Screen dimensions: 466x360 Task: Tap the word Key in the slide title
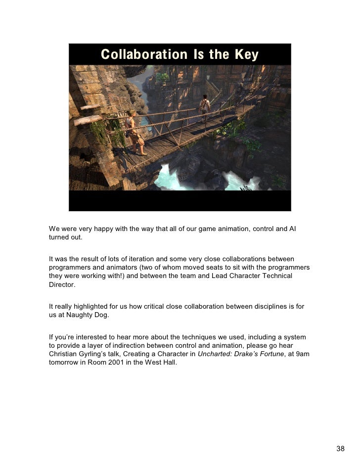[x=246, y=54]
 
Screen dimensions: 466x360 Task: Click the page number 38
[x=340, y=449]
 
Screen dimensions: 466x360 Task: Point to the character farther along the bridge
[x=204, y=106]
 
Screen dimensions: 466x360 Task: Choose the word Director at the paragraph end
[x=63, y=285]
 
